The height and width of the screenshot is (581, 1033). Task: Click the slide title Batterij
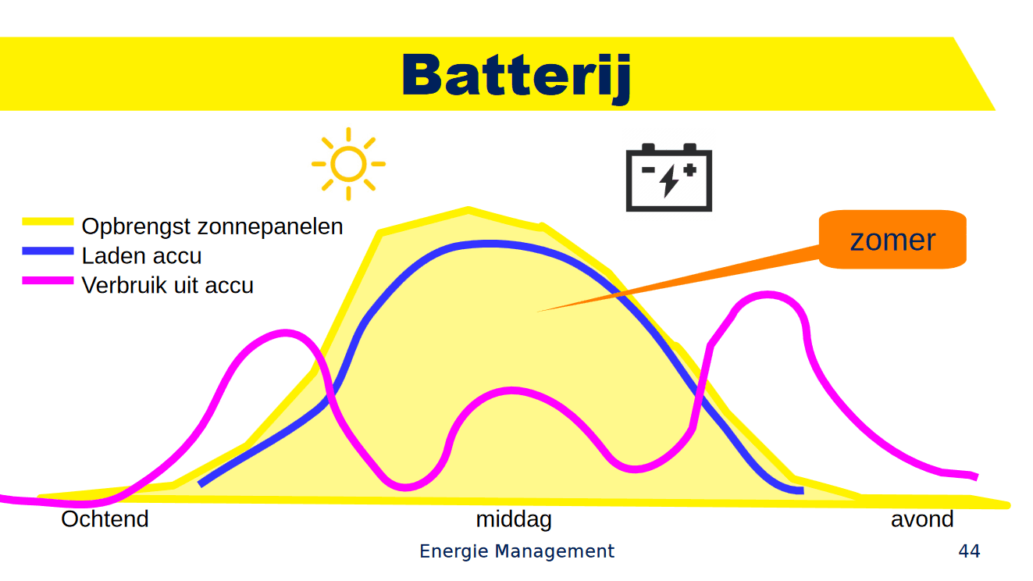(x=516, y=76)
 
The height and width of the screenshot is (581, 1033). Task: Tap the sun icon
(x=348, y=164)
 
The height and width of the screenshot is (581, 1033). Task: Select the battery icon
(x=668, y=177)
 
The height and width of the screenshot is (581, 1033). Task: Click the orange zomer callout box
(x=892, y=239)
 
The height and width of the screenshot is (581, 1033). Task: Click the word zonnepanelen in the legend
(x=270, y=226)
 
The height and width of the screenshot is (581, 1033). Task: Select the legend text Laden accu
(x=141, y=255)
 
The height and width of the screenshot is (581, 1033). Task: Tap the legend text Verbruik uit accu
(x=167, y=285)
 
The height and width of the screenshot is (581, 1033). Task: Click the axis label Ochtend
(x=105, y=519)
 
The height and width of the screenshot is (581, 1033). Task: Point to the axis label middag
(x=514, y=519)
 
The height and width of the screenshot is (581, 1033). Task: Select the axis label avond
(x=922, y=519)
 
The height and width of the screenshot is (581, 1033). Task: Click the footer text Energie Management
(x=517, y=551)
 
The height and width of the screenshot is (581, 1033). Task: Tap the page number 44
(x=969, y=551)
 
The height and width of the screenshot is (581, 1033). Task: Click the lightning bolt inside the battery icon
(x=669, y=181)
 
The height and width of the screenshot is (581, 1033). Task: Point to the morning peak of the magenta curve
(x=285, y=333)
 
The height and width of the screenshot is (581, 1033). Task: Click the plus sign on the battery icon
(x=689, y=168)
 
